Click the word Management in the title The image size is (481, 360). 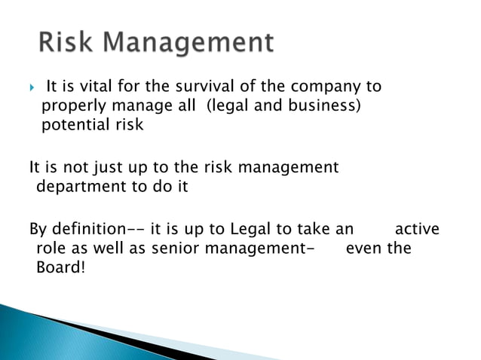(188, 44)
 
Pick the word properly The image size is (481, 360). (71, 106)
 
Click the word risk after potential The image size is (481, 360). (127, 124)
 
